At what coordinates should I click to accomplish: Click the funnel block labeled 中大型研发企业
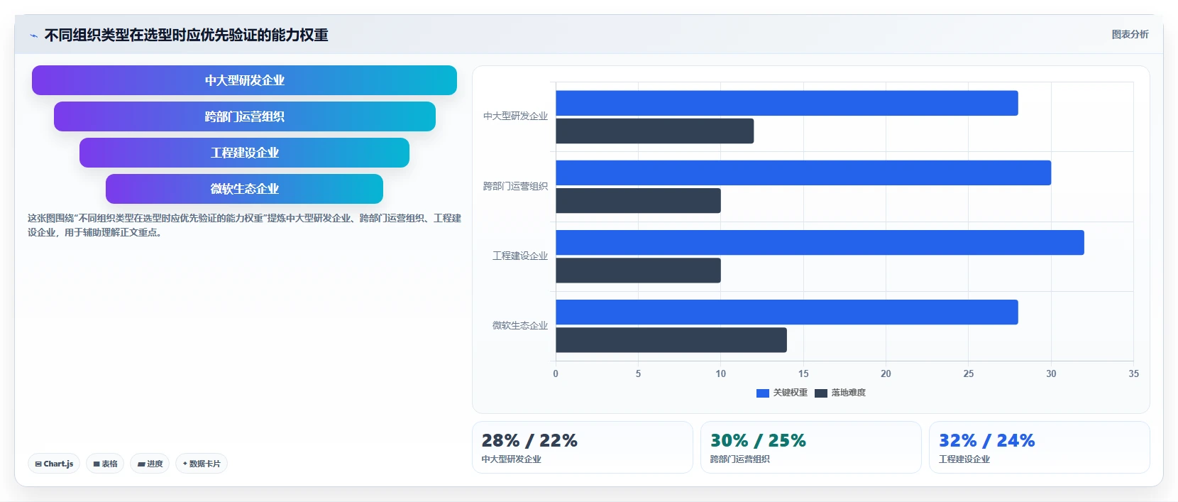click(x=244, y=80)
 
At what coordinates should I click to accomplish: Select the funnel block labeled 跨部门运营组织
click(x=245, y=116)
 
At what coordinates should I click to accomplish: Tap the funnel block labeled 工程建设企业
click(x=245, y=153)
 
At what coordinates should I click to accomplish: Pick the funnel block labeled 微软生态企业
click(x=245, y=189)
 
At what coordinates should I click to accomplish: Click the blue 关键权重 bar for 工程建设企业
click(x=820, y=243)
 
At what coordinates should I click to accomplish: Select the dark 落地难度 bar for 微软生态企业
click(x=671, y=340)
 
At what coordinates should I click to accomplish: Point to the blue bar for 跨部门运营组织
click(x=803, y=173)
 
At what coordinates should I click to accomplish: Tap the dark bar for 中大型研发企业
click(x=655, y=131)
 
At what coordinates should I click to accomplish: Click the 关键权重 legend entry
click(x=781, y=393)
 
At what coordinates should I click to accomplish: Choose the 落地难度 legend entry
click(x=840, y=393)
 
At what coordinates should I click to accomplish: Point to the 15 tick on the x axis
click(x=803, y=373)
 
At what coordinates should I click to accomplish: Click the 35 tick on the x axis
click(x=1133, y=373)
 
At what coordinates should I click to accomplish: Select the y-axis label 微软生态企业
click(x=519, y=326)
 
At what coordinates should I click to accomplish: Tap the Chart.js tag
click(x=54, y=464)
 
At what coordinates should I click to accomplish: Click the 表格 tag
click(x=105, y=464)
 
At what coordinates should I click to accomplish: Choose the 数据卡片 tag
click(x=202, y=464)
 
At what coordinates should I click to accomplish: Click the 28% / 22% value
click(x=529, y=440)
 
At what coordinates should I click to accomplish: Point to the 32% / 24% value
click(x=987, y=440)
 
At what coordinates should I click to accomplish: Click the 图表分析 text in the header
click(x=1130, y=35)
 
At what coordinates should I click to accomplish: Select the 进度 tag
click(x=150, y=464)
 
